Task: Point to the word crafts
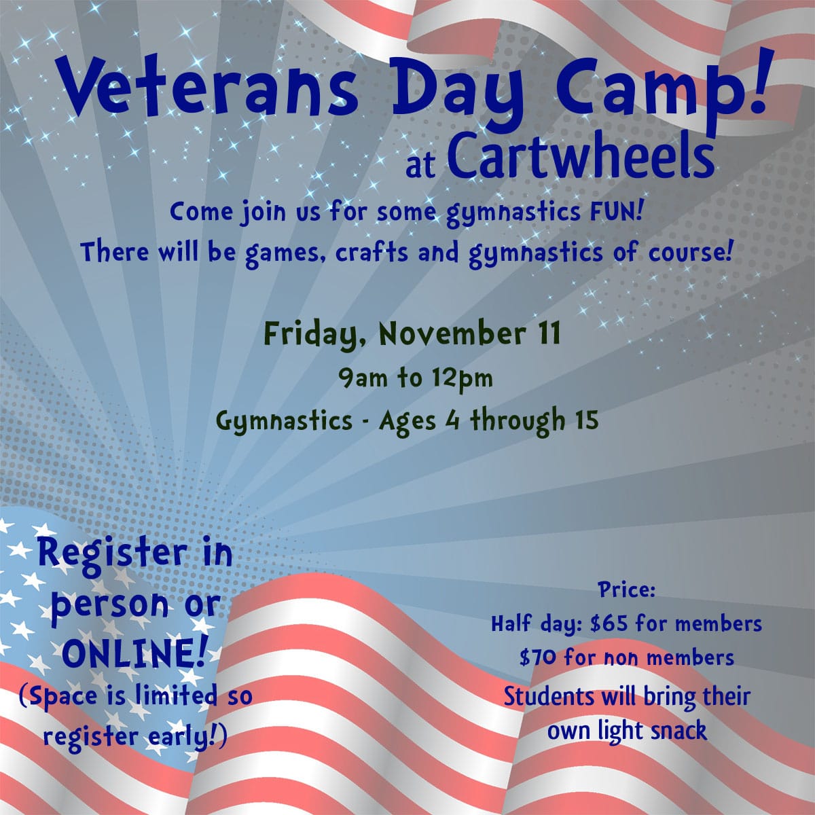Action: pyautogui.click(x=372, y=252)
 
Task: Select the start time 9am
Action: pyautogui.click(x=363, y=378)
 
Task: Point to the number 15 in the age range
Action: pyautogui.click(x=585, y=420)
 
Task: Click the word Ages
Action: pyautogui.click(x=407, y=422)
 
